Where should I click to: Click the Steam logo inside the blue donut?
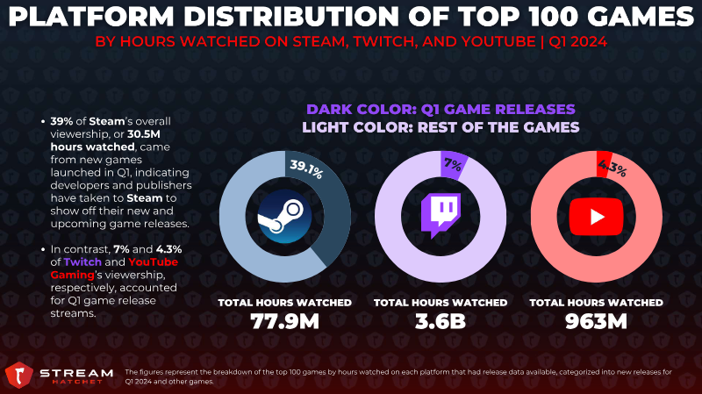pos(284,217)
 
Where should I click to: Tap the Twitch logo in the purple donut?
pos(441,215)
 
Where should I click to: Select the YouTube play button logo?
pos(596,217)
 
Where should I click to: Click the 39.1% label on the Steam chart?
pos(306,168)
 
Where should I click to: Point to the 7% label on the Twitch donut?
pos(453,165)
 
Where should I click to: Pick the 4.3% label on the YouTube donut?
pos(612,168)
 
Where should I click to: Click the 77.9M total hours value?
pos(284,321)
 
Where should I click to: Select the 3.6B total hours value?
pos(441,321)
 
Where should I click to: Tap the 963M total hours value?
pos(596,321)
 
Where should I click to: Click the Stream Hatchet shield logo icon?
pos(18,375)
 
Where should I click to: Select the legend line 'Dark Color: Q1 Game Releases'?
pos(441,109)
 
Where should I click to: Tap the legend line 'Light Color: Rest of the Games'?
pos(441,127)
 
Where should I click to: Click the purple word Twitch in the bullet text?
pos(82,261)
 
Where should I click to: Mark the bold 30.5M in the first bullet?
pos(144,134)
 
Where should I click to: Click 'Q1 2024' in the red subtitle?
pos(578,41)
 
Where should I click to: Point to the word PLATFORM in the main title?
pos(91,17)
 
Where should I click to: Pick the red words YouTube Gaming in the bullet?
pos(114,269)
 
